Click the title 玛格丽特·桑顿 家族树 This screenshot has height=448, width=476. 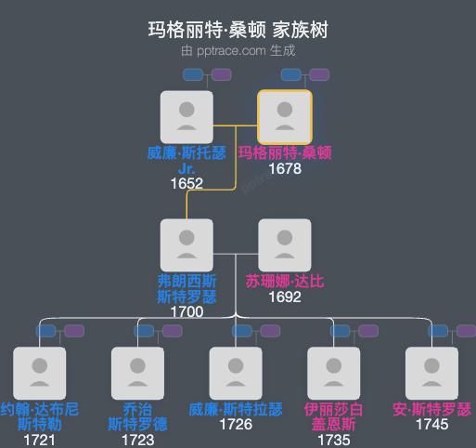(x=238, y=31)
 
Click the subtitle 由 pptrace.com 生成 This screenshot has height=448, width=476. (x=238, y=51)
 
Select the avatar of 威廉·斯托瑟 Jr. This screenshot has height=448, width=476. (x=187, y=117)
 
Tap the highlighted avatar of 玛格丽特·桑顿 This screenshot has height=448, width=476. (x=285, y=117)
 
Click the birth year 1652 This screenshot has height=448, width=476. (x=187, y=184)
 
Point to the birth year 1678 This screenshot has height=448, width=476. (x=285, y=169)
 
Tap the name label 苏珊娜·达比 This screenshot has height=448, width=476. (x=285, y=281)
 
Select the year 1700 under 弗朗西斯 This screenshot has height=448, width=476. (x=187, y=312)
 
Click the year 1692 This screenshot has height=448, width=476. (x=285, y=297)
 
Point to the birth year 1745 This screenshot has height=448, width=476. (x=432, y=425)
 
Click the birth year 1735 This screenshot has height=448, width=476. (x=334, y=440)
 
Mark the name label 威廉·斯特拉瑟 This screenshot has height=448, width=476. (x=236, y=409)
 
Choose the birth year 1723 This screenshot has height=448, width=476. (x=137, y=440)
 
